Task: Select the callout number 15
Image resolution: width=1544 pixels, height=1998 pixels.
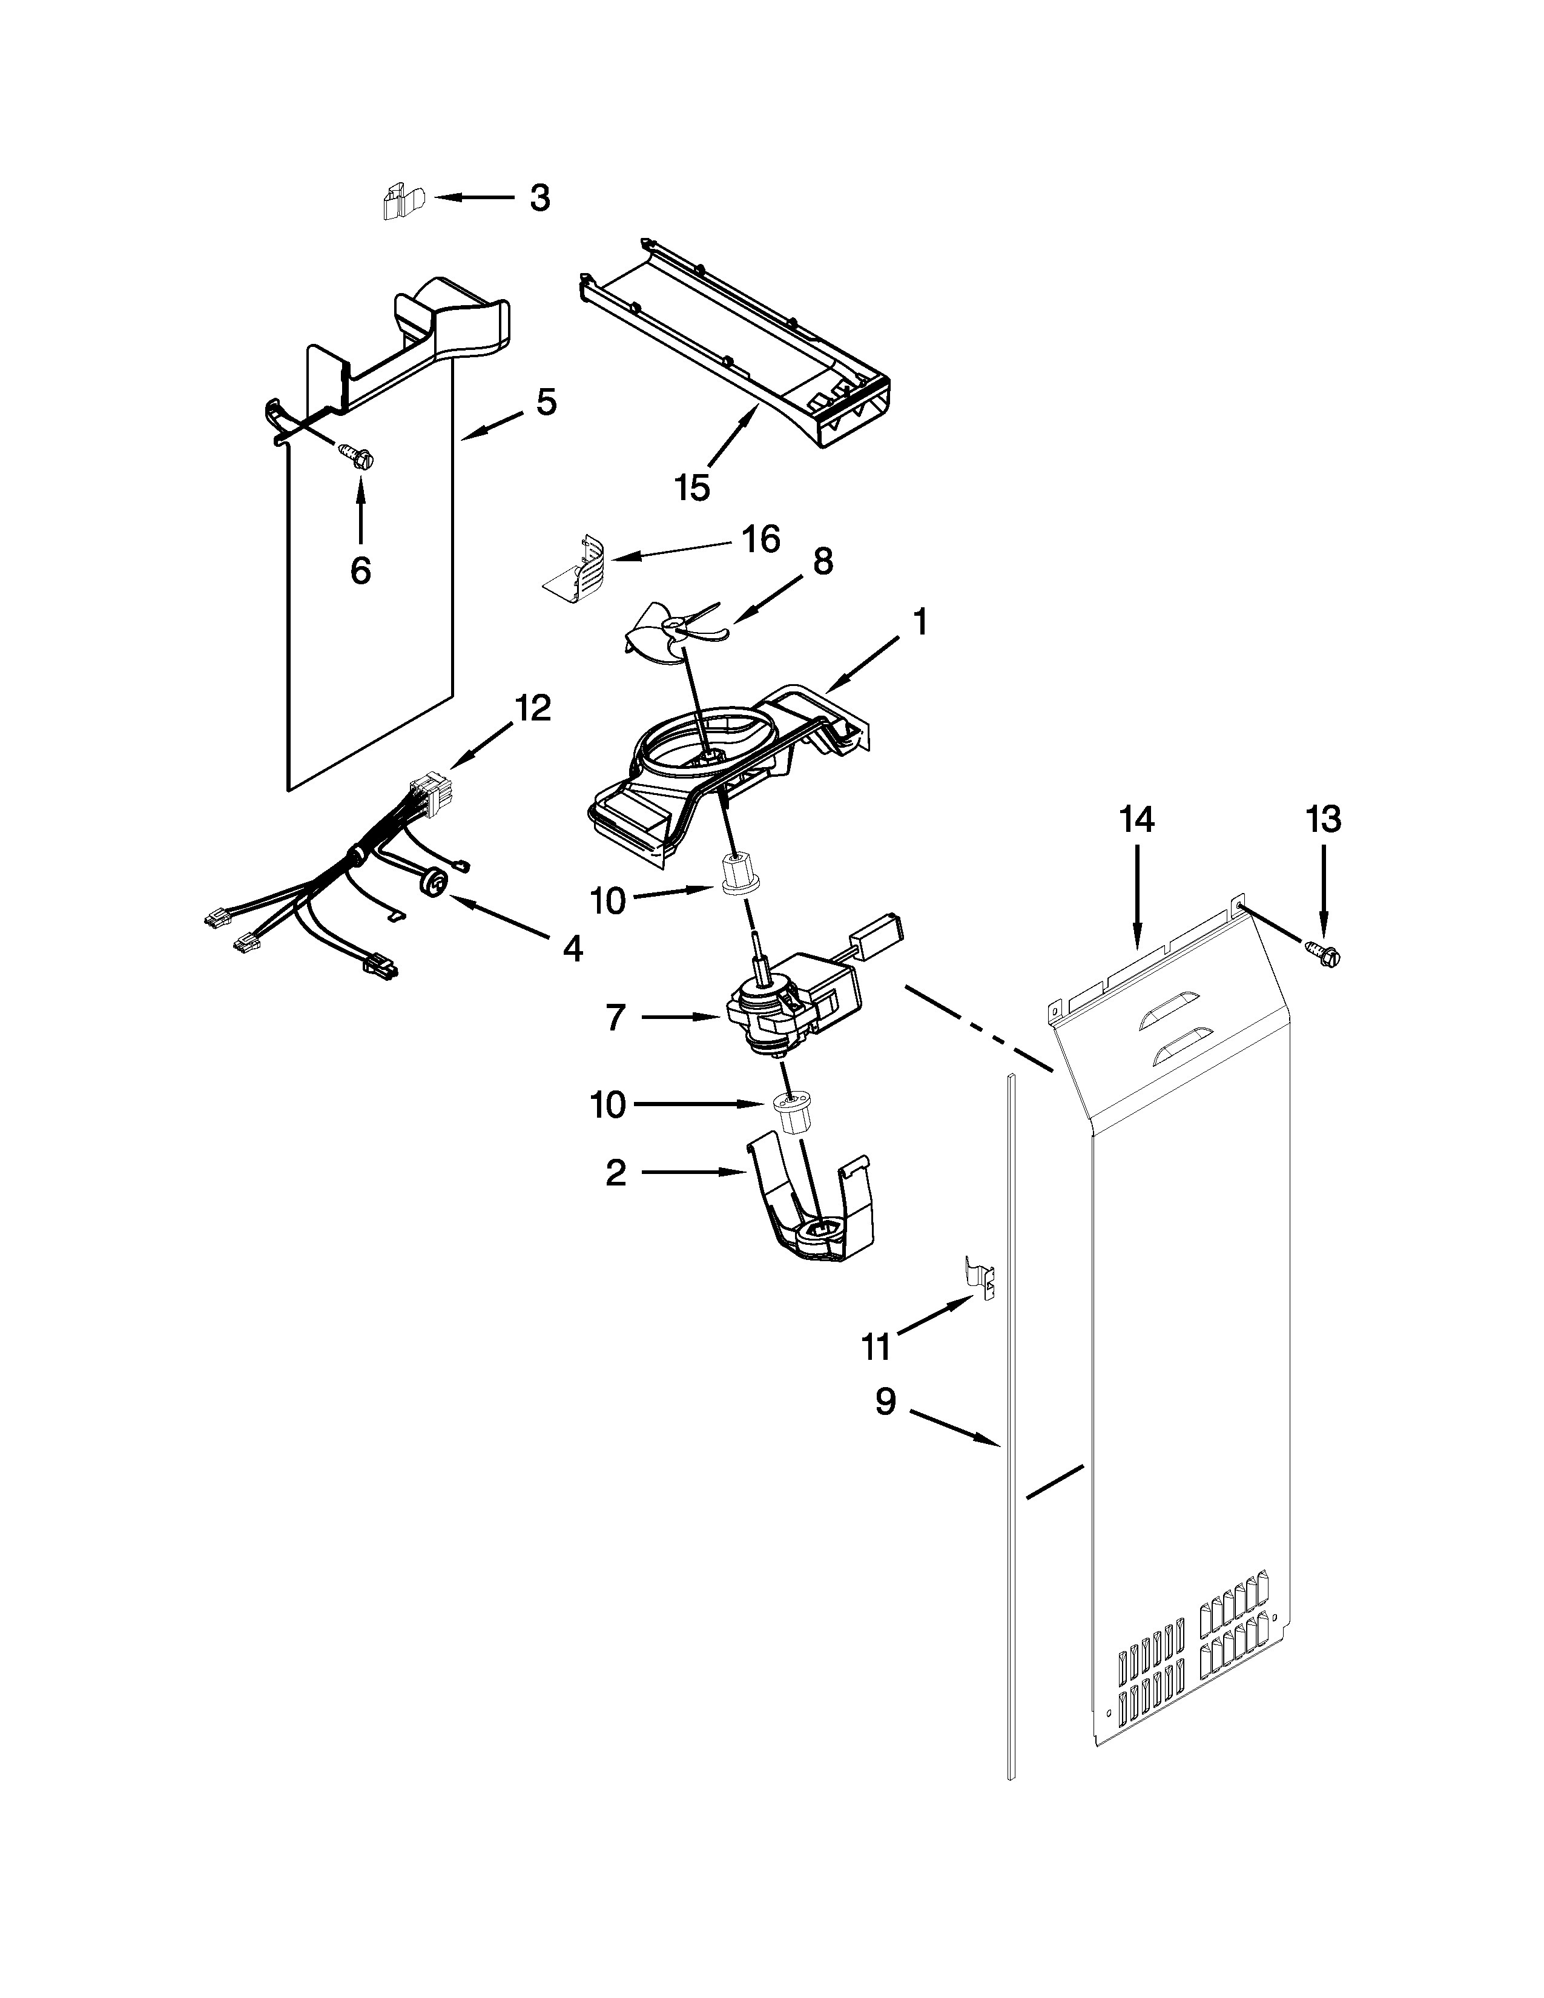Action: pyautogui.click(x=693, y=487)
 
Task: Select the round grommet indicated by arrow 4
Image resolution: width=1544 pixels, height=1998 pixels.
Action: pyautogui.click(x=437, y=883)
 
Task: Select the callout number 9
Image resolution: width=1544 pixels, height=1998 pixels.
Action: pyautogui.click(x=885, y=1402)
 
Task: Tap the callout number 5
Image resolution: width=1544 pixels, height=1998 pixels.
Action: pyautogui.click(x=545, y=401)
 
